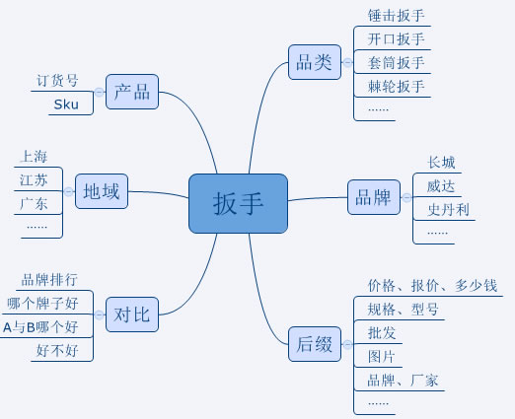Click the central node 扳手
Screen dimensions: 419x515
pos(238,203)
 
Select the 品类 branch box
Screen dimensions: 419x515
pos(314,62)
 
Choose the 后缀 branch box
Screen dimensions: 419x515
pos(314,346)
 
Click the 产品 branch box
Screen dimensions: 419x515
pos(131,92)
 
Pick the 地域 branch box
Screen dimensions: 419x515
pos(102,191)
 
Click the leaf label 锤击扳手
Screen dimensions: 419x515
pos(397,16)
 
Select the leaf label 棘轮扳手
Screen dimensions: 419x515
pos(397,87)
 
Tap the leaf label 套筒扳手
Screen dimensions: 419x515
pos(397,63)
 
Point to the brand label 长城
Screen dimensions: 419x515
pos(441,163)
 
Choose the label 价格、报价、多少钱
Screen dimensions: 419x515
pos(432,286)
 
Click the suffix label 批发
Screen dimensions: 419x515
pos(382,333)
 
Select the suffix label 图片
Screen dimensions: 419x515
pos(382,356)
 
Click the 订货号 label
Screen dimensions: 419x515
pos(57,81)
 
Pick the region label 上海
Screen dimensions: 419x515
pos(33,156)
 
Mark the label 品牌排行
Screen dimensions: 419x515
pos(49,279)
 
